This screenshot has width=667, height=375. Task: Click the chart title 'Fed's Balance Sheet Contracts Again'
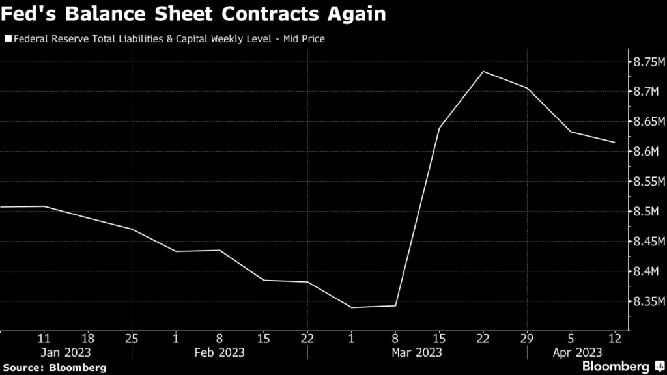pos(195,14)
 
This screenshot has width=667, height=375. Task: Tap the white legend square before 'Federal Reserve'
pos(8,39)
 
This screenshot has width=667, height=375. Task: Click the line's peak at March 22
pos(483,71)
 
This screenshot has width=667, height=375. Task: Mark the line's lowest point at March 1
pos(351,307)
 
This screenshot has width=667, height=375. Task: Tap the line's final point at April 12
pos(614,142)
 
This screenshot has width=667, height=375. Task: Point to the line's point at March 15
pos(439,128)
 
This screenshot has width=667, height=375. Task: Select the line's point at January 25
pos(132,229)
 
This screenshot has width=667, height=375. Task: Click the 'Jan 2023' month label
pos(65,352)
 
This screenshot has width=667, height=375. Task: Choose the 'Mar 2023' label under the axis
pos(417,352)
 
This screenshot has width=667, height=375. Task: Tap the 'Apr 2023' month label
pos(576,352)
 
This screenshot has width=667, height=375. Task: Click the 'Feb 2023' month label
pos(220,352)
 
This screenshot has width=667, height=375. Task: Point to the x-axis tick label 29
pos(527,338)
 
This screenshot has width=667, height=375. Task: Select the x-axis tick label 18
pos(88,338)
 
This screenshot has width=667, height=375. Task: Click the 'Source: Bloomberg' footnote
pos(53,367)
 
